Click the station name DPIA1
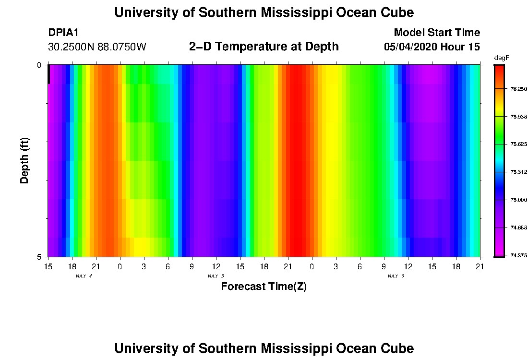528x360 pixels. click(63, 33)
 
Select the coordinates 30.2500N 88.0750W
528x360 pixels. click(97, 47)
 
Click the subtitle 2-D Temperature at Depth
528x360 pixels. click(264, 47)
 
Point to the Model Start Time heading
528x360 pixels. click(436, 33)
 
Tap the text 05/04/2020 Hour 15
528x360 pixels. click(432, 47)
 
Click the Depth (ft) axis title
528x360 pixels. click(25, 161)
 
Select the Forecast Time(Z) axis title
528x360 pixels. click(264, 287)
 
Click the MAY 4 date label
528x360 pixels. click(84, 276)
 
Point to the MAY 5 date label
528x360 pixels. click(216, 276)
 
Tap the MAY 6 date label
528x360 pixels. click(396, 276)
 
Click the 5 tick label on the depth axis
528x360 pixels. click(39, 257)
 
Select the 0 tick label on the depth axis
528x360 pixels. click(39, 65)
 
